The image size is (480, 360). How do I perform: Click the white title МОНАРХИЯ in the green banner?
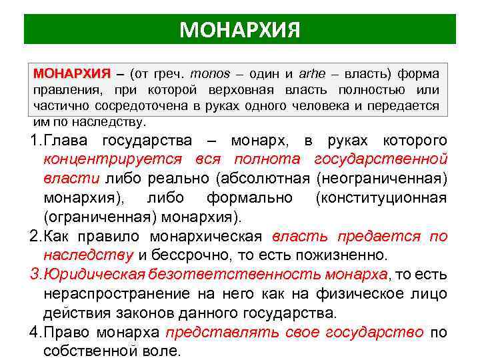point(240,29)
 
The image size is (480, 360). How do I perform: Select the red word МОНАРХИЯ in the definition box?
point(71,73)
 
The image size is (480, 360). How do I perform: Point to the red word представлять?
point(208,333)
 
